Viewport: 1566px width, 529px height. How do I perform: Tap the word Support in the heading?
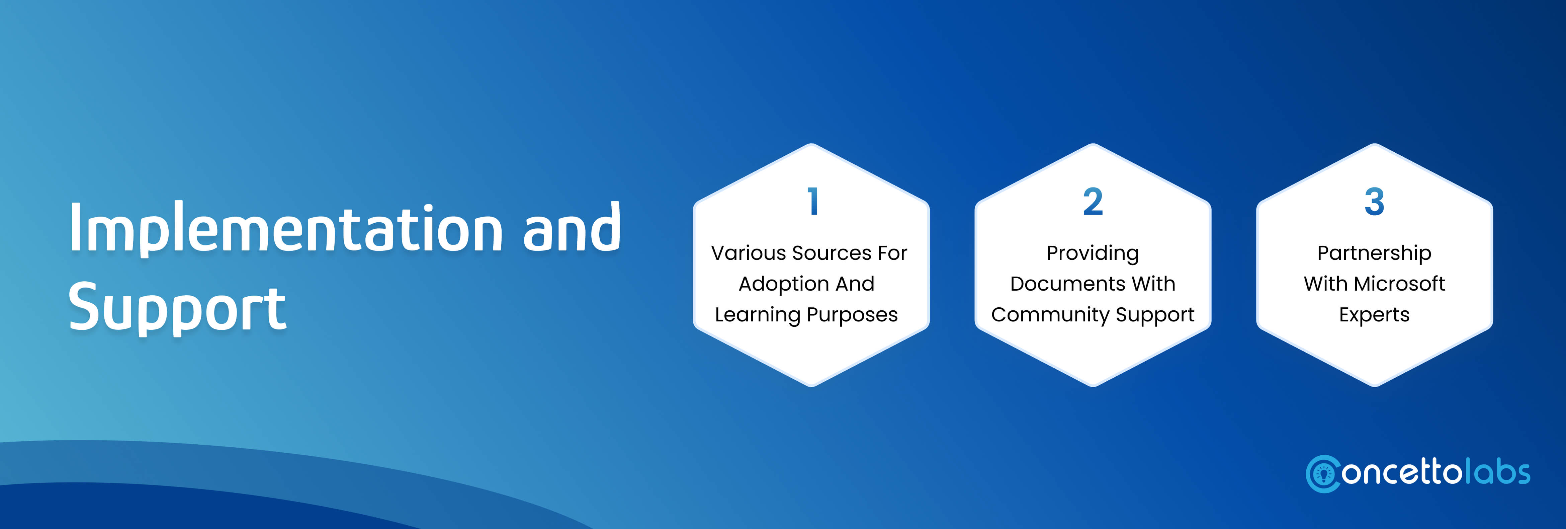coord(177,308)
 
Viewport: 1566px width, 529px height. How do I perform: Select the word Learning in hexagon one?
coord(758,315)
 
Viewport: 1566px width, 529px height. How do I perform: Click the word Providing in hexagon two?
coord(1093,253)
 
